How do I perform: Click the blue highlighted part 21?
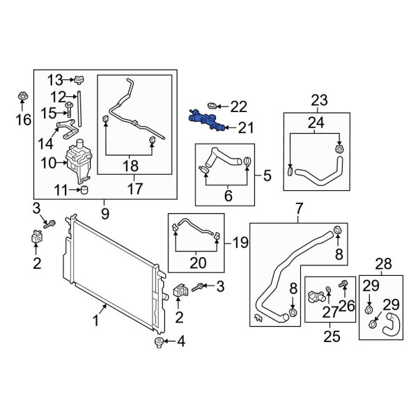tap(206, 121)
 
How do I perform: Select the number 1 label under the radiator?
tap(96, 321)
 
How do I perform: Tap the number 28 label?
tap(382, 263)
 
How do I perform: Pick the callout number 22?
tap(238, 107)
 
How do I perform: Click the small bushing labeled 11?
tap(83, 189)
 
